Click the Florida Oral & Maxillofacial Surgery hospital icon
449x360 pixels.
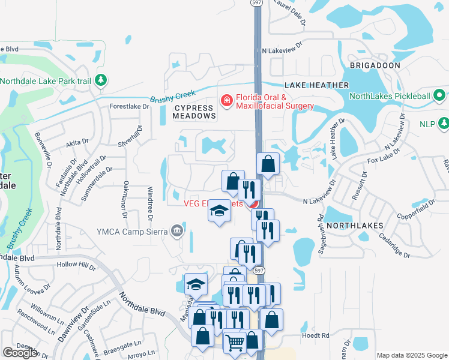[227, 100]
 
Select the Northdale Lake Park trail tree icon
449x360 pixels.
[101, 80]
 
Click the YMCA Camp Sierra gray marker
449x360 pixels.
[176, 230]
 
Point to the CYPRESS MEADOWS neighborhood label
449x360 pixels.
[194, 112]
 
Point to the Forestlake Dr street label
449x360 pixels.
[128, 106]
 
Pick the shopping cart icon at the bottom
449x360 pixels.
[235, 343]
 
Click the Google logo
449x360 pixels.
[20, 353]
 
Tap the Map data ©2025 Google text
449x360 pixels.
[411, 355]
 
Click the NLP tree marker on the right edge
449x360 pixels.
[444, 124]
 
